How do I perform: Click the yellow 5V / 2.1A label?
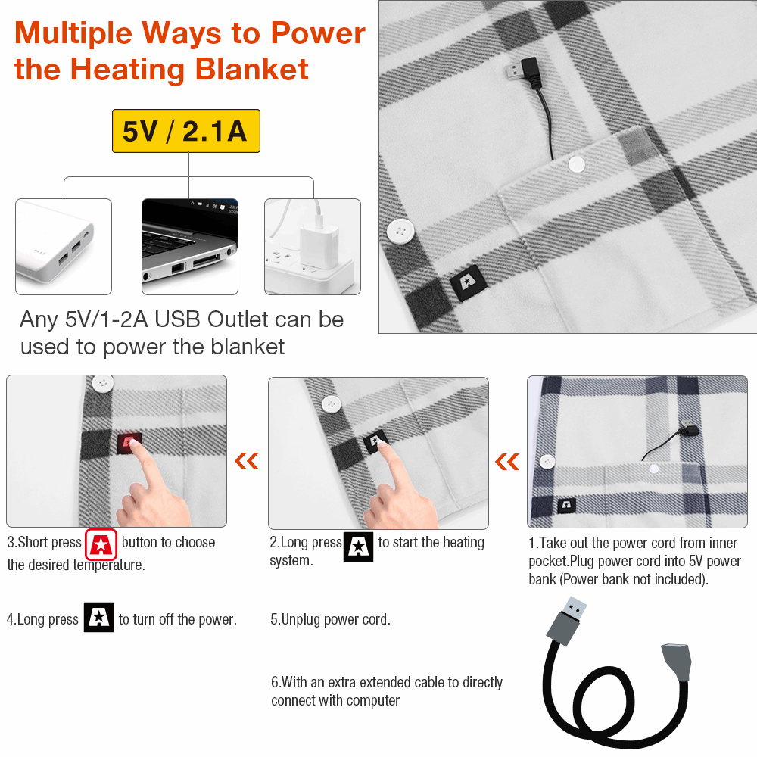click(x=186, y=131)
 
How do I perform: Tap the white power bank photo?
click(x=64, y=247)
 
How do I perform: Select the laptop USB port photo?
click(x=190, y=247)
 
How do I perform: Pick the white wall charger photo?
click(x=313, y=247)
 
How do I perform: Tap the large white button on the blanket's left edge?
click(x=400, y=231)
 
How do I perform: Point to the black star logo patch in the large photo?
click(x=468, y=283)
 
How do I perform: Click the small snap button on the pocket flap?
click(x=576, y=164)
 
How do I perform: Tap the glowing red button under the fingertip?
click(x=129, y=443)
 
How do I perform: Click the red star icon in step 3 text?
click(x=101, y=544)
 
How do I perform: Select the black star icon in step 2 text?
click(x=358, y=547)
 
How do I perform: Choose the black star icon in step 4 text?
click(x=98, y=617)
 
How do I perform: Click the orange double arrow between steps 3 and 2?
click(x=247, y=461)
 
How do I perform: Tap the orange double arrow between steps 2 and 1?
click(x=507, y=462)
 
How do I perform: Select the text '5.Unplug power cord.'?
click(x=330, y=619)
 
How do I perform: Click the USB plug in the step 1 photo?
click(x=690, y=431)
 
